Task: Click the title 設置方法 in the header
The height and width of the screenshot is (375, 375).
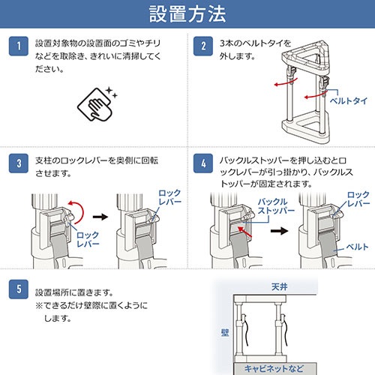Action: coord(187,14)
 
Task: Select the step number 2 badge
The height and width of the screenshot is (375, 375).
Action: coord(203,46)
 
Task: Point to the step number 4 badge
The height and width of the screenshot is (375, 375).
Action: coord(203,163)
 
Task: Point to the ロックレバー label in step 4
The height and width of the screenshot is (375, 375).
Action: coord(354,199)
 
